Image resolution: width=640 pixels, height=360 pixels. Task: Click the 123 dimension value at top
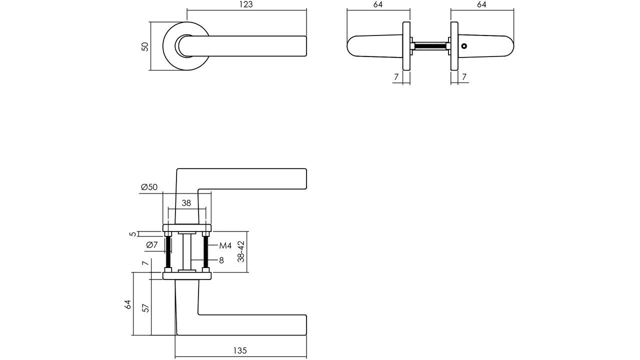coord(246,4)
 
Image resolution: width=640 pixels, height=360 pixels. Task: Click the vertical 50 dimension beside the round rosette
coord(145,46)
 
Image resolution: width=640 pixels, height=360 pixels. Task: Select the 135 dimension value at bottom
coord(240,351)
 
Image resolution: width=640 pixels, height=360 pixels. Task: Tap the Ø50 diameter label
coord(149,187)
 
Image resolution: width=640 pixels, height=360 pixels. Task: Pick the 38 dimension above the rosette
coord(186,203)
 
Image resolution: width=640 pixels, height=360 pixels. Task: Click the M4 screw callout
coord(225,245)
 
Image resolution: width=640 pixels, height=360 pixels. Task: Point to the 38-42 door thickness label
coord(241,251)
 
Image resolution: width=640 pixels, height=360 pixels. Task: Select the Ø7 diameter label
coord(152,244)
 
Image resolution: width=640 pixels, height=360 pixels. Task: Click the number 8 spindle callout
coord(221,260)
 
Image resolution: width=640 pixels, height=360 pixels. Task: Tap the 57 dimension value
coord(145,308)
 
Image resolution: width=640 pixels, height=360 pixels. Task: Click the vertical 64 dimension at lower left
coord(127,304)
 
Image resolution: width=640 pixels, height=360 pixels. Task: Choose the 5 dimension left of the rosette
coord(132,233)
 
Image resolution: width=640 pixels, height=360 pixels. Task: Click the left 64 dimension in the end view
coord(377,4)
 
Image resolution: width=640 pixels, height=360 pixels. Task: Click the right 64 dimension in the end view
coord(481,4)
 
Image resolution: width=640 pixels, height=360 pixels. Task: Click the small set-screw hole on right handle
coord(464,46)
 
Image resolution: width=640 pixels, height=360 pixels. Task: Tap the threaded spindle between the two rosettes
coord(430,46)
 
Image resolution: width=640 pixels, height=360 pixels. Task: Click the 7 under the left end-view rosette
coord(396,77)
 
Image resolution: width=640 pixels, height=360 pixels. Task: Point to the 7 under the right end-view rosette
coord(464,77)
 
